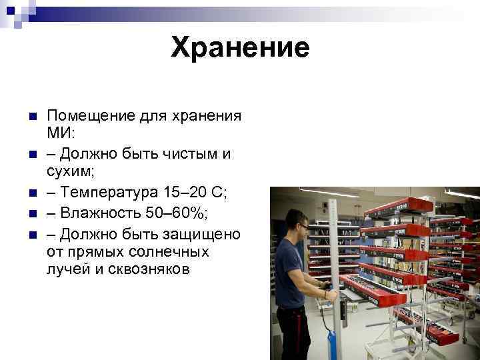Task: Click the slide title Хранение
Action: (240, 47)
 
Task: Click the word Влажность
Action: (100, 214)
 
